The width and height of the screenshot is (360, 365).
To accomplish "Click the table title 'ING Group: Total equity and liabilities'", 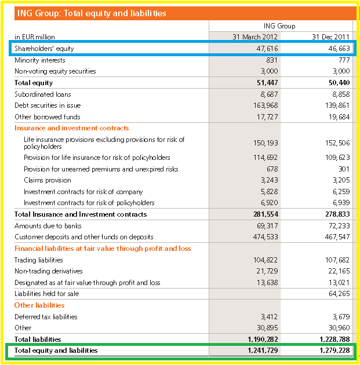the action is tap(92, 13).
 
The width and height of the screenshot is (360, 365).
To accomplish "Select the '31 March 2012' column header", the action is tap(255, 36).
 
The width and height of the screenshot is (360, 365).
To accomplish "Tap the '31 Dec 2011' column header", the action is tap(330, 36).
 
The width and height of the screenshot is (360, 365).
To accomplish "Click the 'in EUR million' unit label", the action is tap(35, 36).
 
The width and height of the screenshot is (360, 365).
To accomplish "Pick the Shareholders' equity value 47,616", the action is tap(267, 49).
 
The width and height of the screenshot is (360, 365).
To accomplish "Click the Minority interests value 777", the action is tap(344, 60).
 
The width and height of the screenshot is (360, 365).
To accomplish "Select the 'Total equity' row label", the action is tap(34, 83).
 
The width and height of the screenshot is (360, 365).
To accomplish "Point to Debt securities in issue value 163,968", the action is tap(266, 105).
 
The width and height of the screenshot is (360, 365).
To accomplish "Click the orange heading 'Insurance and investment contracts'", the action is tap(71, 128).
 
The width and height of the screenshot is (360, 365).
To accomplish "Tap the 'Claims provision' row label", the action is tap(48, 180).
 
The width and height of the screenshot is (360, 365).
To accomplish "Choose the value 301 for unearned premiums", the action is tap(344, 169).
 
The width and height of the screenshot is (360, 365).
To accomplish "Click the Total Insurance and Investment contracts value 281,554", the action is tap(266, 214).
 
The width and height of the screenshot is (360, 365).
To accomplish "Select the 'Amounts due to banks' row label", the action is tap(48, 226).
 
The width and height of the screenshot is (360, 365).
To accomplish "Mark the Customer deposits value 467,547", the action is tap(337, 237).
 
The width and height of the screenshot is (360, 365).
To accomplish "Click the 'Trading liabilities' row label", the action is tap(39, 260).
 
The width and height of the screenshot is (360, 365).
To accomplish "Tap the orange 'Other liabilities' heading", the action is tap(39, 305).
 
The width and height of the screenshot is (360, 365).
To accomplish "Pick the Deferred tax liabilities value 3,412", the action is tap(269, 316).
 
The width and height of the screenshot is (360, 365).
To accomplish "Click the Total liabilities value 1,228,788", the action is tap(334, 339).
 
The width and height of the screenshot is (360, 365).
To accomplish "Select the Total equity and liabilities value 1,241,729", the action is tap(263, 351).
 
